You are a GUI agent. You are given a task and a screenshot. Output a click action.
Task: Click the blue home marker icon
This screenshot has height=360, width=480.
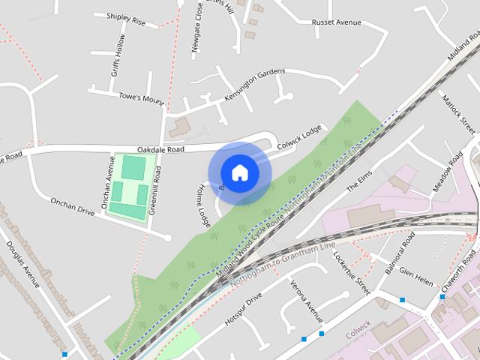point(239,172)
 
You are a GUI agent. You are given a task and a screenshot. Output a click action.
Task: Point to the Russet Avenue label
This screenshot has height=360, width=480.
point(337,22)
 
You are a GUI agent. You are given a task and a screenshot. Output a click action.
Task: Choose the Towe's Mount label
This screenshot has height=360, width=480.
point(141,97)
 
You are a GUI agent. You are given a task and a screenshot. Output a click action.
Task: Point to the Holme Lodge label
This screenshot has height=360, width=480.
point(203,206)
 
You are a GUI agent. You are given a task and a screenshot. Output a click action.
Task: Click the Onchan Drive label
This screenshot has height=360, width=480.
point(72,207)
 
